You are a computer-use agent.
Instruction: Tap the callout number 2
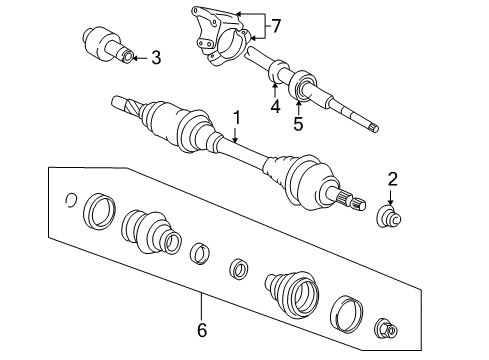[x=393, y=179]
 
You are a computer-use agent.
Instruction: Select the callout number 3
[x=155, y=59]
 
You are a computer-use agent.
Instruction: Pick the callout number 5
[x=297, y=124]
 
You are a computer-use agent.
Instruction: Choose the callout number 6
[x=201, y=328]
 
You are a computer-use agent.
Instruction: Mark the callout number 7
[x=277, y=24]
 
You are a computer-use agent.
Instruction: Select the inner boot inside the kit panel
[x=148, y=237]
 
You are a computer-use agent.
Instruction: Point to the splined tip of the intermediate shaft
[x=372, y=126]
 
